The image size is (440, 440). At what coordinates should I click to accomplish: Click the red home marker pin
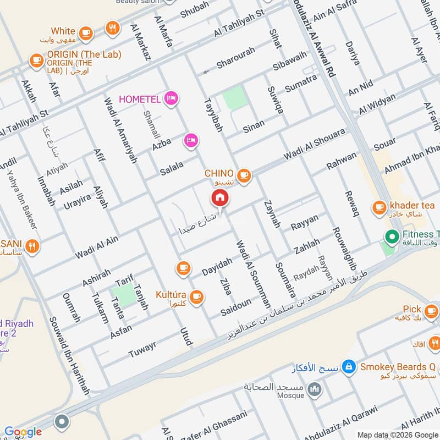220,198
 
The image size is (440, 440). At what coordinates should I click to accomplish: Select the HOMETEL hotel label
140,99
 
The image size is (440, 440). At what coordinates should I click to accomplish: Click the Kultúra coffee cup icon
197,298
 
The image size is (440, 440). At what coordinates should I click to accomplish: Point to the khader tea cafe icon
379,207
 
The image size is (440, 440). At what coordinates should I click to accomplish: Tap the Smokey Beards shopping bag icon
348,366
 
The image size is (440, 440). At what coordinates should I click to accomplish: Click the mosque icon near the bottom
315,390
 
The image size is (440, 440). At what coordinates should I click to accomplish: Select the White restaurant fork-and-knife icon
113,28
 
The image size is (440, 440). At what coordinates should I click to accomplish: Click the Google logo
23,432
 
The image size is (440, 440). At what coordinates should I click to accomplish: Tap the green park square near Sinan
235,99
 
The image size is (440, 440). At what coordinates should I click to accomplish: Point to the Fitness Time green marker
392,238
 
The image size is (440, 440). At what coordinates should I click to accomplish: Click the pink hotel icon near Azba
191,141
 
